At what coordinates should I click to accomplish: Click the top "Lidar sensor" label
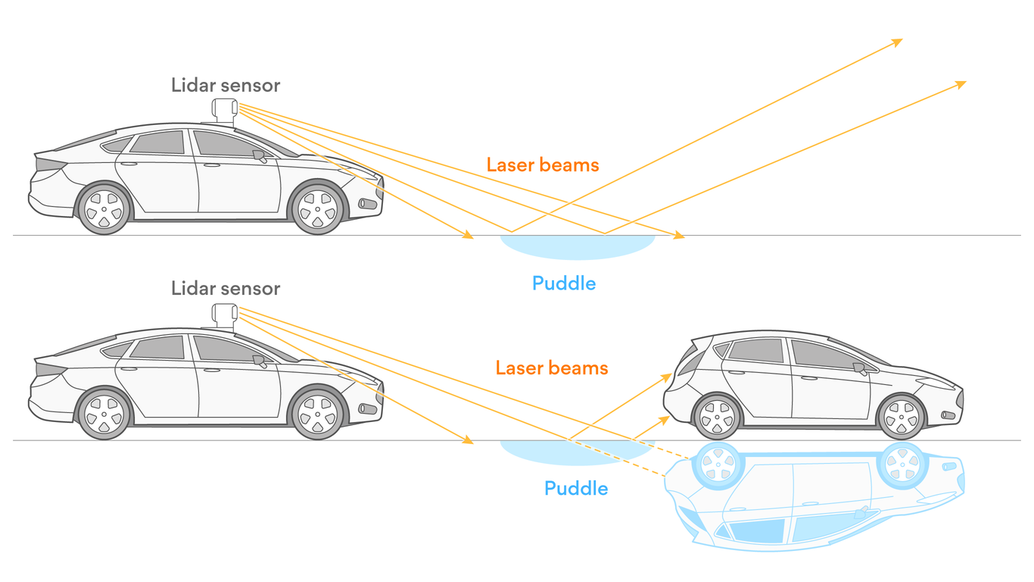[x=226, y=85]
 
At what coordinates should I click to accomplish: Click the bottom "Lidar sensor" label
[x=226, y=288]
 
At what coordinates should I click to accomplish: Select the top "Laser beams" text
[x=542, y=164]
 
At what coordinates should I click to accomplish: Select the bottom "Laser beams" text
[x=551, y=368]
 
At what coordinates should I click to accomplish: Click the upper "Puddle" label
[x=563, y=283]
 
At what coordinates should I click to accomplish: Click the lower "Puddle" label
[x=575, y=487]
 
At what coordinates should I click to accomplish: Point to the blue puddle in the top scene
[x=577, y=246]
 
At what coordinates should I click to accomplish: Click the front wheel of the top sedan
[x=317, y=207]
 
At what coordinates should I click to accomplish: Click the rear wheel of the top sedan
[x=104, y=207]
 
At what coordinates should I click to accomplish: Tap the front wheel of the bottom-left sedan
[x=317, y=412]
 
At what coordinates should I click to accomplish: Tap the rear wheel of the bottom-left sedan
[x=104, y=412]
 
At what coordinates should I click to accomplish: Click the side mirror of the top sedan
[x=260, y=156]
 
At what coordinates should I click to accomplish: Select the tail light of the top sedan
[x=50, y=164]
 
